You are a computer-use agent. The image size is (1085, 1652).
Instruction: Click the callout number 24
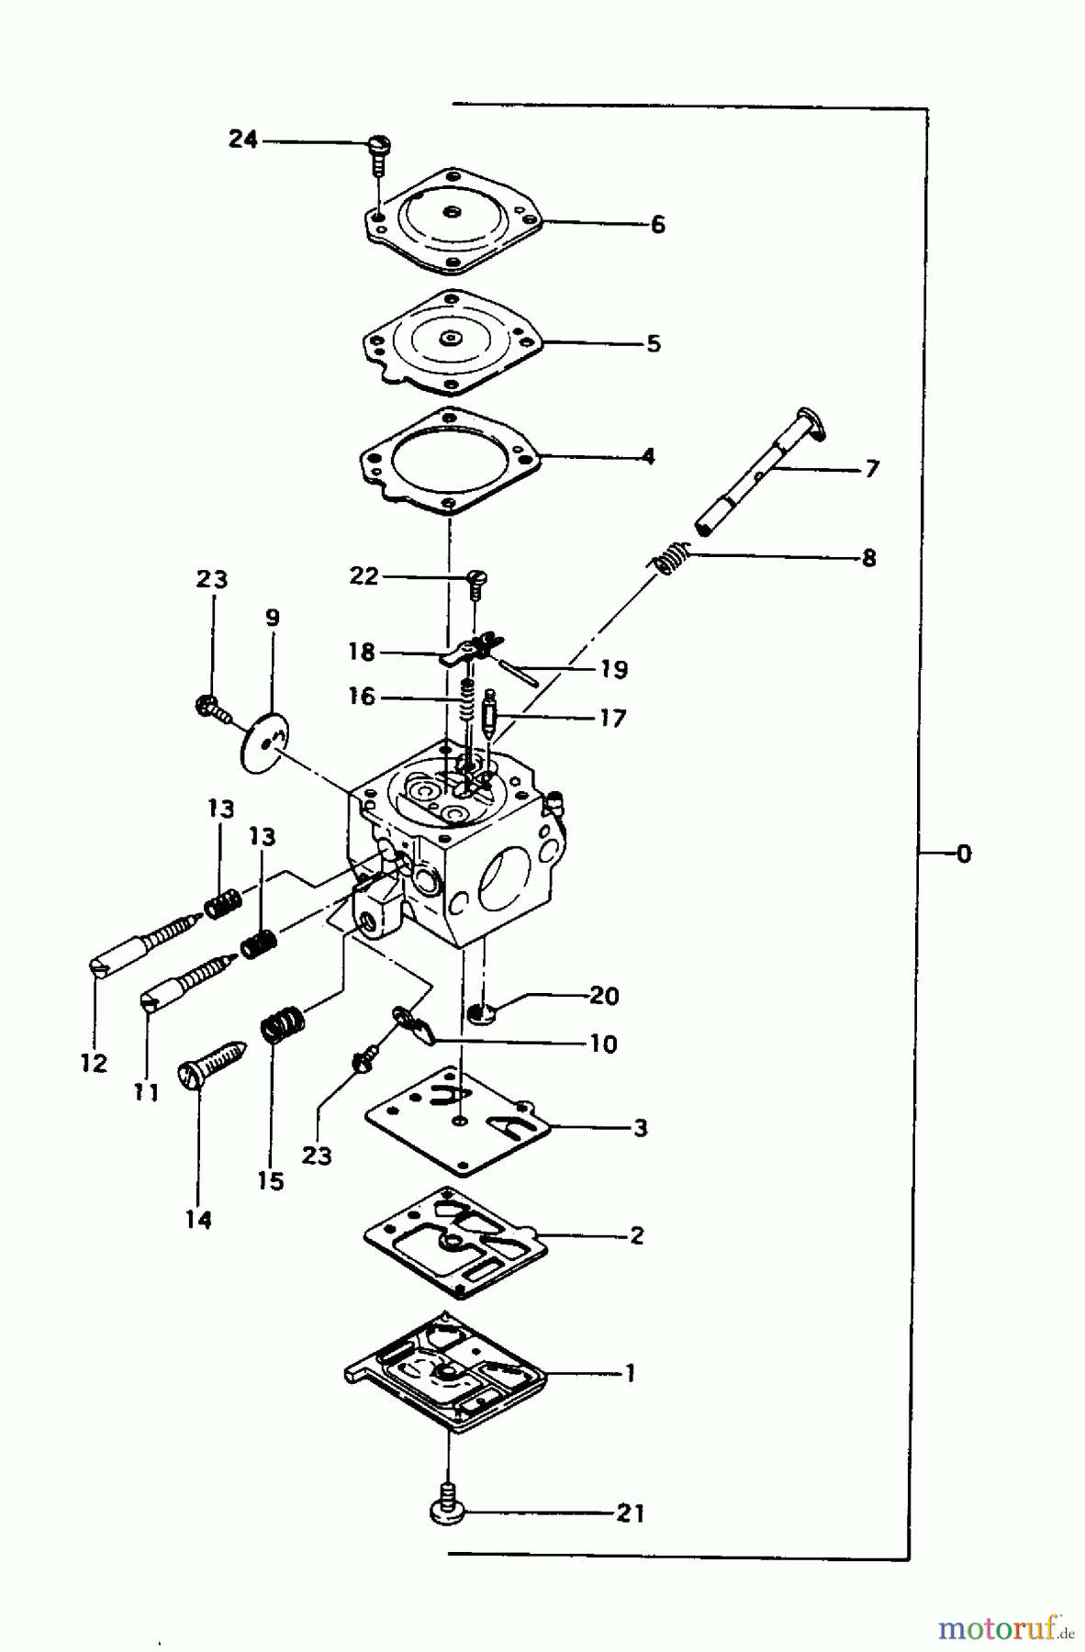coord(243,140)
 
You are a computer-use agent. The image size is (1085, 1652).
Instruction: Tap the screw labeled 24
coord(378,151)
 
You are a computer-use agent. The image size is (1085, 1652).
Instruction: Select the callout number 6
coord(657,225)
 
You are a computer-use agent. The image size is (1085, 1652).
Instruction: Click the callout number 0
coord(963,854)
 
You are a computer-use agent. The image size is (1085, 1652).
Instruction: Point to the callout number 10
coord(603,1044)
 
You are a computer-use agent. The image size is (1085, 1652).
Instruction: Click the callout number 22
coord(364,575)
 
